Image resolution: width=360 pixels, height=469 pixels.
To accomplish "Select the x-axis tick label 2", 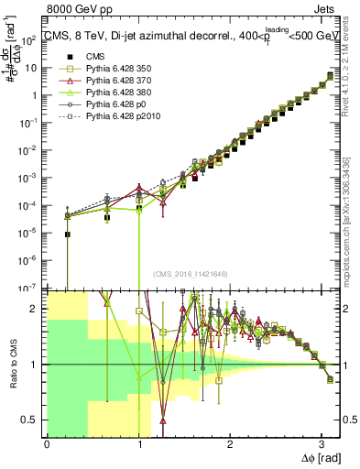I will pyautogui.click(x=230, y=444).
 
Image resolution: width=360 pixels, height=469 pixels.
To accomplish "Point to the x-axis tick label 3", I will pyautogui.click(x=322, y=444).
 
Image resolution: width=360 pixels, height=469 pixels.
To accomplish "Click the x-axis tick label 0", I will pyautogui.click(x=47, y=444).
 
